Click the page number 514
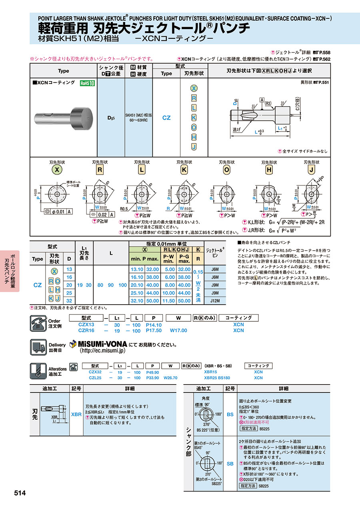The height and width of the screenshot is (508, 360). [x=20, y=493]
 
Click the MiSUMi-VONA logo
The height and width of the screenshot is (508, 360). [x=98, y=344]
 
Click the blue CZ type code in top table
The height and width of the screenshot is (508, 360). [x=166, y=118]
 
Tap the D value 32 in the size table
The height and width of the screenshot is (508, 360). [x=70, y=301]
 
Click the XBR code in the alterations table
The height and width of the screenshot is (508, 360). [x=76, y=415]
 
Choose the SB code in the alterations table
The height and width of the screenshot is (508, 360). [x=230, y=464]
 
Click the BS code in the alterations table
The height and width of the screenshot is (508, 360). [x=230, y=414]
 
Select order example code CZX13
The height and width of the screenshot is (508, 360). [x=86, y=325]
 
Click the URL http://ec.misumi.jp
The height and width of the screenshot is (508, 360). [x=103, y=351]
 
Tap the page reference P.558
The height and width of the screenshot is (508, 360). [x=324, y=52]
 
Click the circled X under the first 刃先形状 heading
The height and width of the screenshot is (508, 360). [x=58, y=169]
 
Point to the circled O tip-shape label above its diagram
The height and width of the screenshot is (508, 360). [x=227, y=169]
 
